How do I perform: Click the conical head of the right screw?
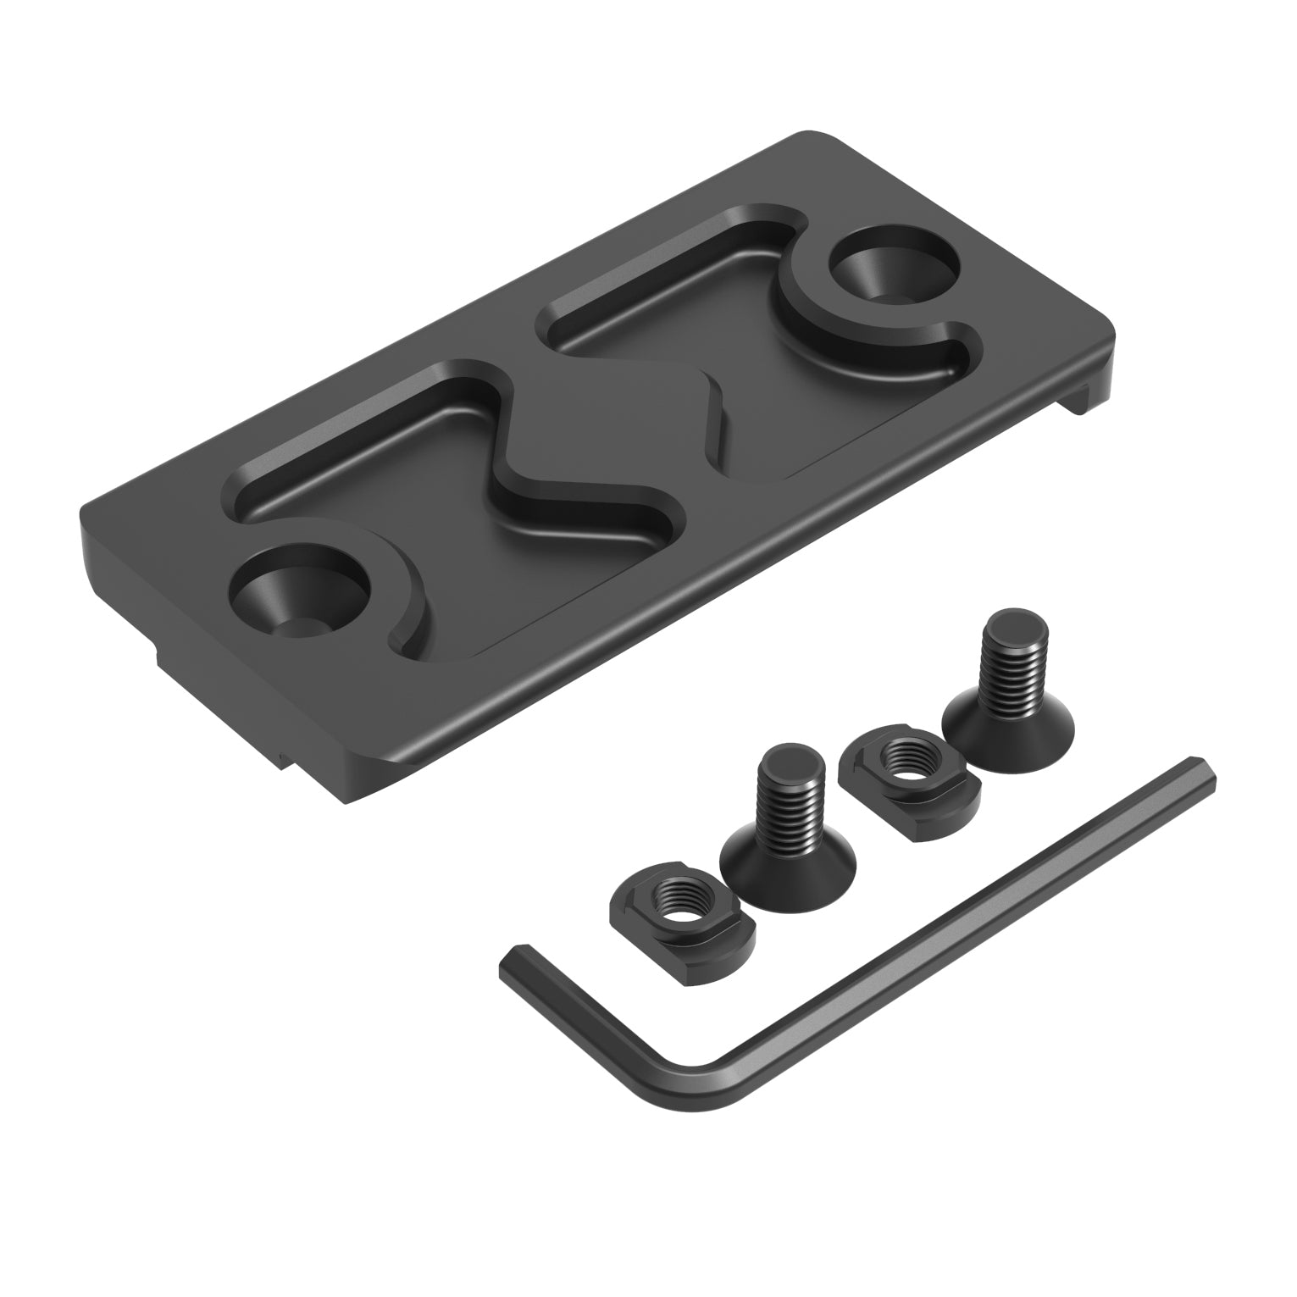coord(1008,716)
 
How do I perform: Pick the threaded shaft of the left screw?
coord(787,801)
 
